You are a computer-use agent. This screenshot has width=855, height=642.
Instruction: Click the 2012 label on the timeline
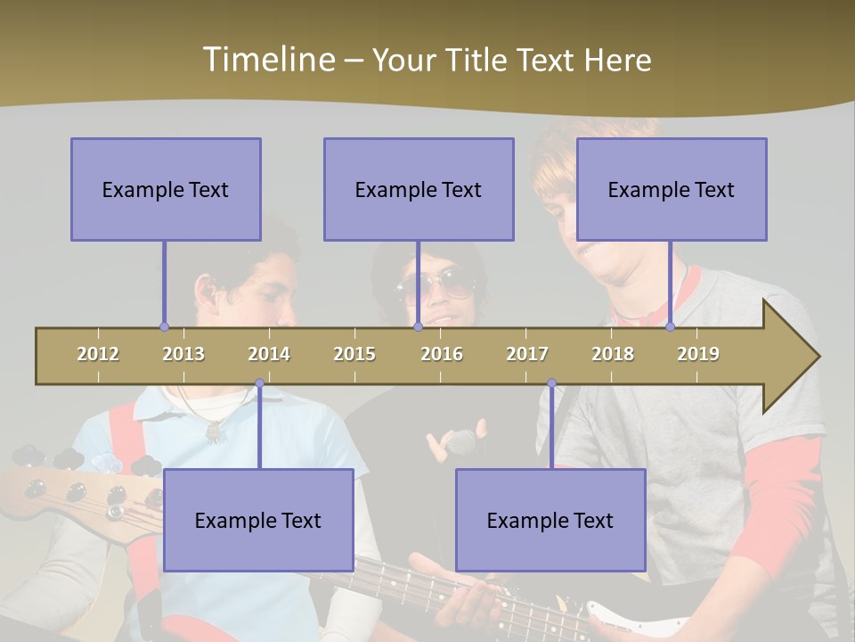click(x=98, y=354)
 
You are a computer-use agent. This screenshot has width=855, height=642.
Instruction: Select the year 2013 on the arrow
click(x=183, y=354)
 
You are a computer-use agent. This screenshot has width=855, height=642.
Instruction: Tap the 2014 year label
click(x=269, y=354)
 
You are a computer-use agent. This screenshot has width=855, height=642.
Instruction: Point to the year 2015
click(x=354, y=354)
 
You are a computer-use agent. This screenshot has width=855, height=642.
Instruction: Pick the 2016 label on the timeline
click(x=442, y=354)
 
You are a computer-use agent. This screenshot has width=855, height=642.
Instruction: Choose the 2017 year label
click(x=527, y=354)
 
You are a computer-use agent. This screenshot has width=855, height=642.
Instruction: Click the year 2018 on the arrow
click(x=613, y=354)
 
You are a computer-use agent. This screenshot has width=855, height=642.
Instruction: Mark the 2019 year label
click(x=698, y=354)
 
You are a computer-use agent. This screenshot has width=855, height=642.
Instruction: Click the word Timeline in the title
click(x=266, y=60)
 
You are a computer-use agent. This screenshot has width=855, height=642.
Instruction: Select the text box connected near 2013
click(x=166, y=189)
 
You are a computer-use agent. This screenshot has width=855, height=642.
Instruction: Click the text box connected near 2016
click(x=419, y=189)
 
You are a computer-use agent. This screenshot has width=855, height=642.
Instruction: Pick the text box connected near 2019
click(x=672, y=189)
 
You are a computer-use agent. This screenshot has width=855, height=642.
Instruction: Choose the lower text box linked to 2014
click(x=258, y=520)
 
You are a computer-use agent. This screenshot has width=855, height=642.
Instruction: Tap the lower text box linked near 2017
click(x=550, y=520)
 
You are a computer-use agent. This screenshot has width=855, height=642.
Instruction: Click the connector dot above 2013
click(x=164, y=326)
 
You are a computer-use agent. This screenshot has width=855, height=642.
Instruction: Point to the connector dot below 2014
click(x=259, y=383)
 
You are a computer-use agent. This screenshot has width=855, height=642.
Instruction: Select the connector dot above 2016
click(x=418, y=326)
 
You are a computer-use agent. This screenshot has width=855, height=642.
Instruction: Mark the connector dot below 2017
click(x=551, y=383)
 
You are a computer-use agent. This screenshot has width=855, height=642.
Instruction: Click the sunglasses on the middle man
click(x=436, y=285)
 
